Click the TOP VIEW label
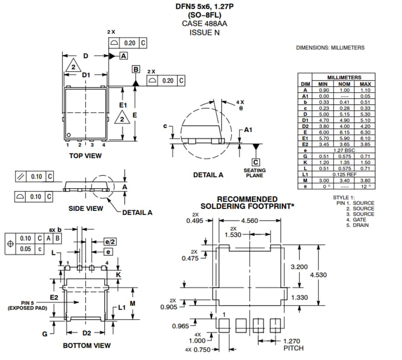(86, 155)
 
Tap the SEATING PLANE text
(255, 173)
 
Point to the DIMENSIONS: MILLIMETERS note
(330, 47)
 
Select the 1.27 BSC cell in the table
(344, 151)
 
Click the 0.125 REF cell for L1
(344, 175)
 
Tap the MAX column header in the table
(365, 84)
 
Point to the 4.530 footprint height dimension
(318, 275)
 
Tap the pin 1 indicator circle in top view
(69, 136)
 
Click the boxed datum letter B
(136, 69)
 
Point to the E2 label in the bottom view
(54, 298)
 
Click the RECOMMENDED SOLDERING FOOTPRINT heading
(247, 203)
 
